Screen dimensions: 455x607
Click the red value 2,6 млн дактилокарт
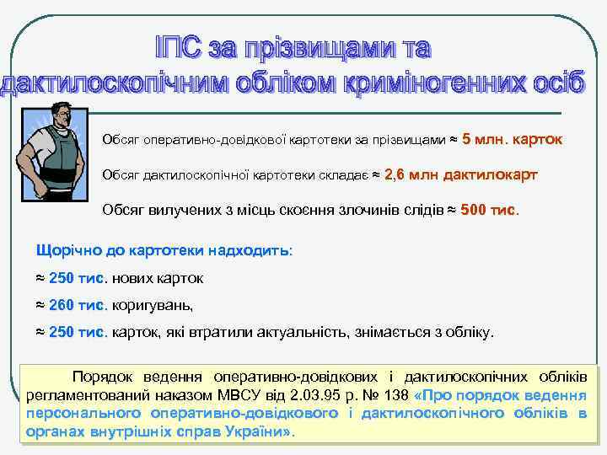coord(459,174)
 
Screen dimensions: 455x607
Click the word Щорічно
coord(62,251)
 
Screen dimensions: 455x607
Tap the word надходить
coord(252,251)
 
